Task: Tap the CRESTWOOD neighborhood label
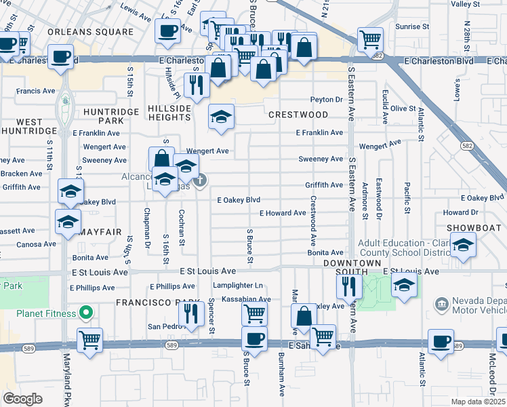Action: (x=298, y=115)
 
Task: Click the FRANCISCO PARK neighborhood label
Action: (x=150, y=302)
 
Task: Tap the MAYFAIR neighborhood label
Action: (x=99, y=232)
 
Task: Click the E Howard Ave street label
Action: (x=283, y=213)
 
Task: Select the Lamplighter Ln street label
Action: (x=237, y=286)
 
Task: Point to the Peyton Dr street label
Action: (x=327, y=100)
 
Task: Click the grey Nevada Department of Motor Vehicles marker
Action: (x=441, y=302)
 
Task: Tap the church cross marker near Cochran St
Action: (x=200, y=180)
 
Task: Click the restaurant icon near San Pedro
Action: (x=191, y=313)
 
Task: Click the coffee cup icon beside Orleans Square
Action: (x=167, y=29)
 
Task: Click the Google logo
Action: (x=22, y=398)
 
